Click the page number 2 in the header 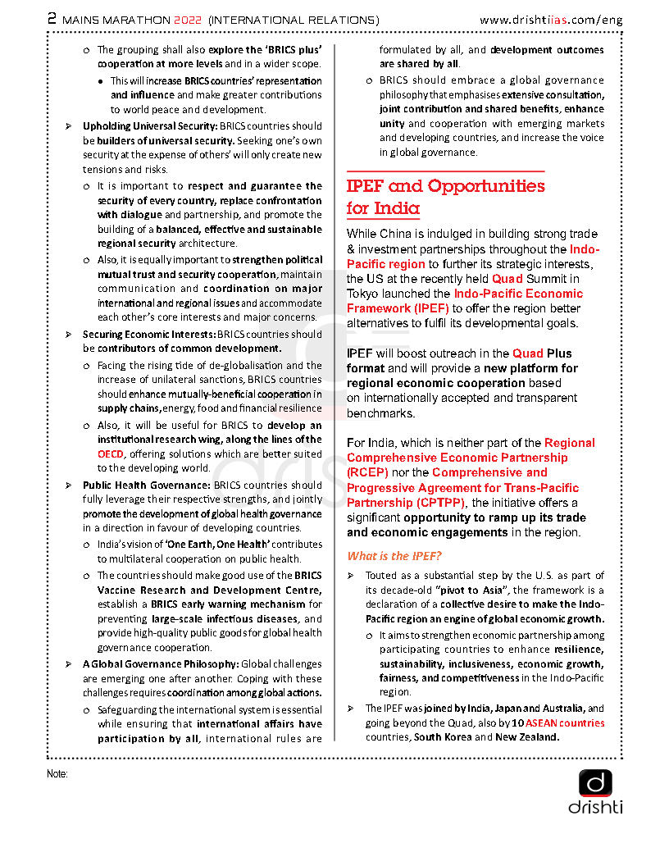pos(52,18)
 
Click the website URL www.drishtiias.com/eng pos(550,19)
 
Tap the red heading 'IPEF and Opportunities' pos(445,186)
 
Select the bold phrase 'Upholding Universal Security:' pos(149,126)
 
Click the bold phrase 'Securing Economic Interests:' pos(148,335)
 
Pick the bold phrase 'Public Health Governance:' pos(146,485)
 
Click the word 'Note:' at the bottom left pos(57,774)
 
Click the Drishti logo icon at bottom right pos(595,783)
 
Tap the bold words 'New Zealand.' pos(527,737)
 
